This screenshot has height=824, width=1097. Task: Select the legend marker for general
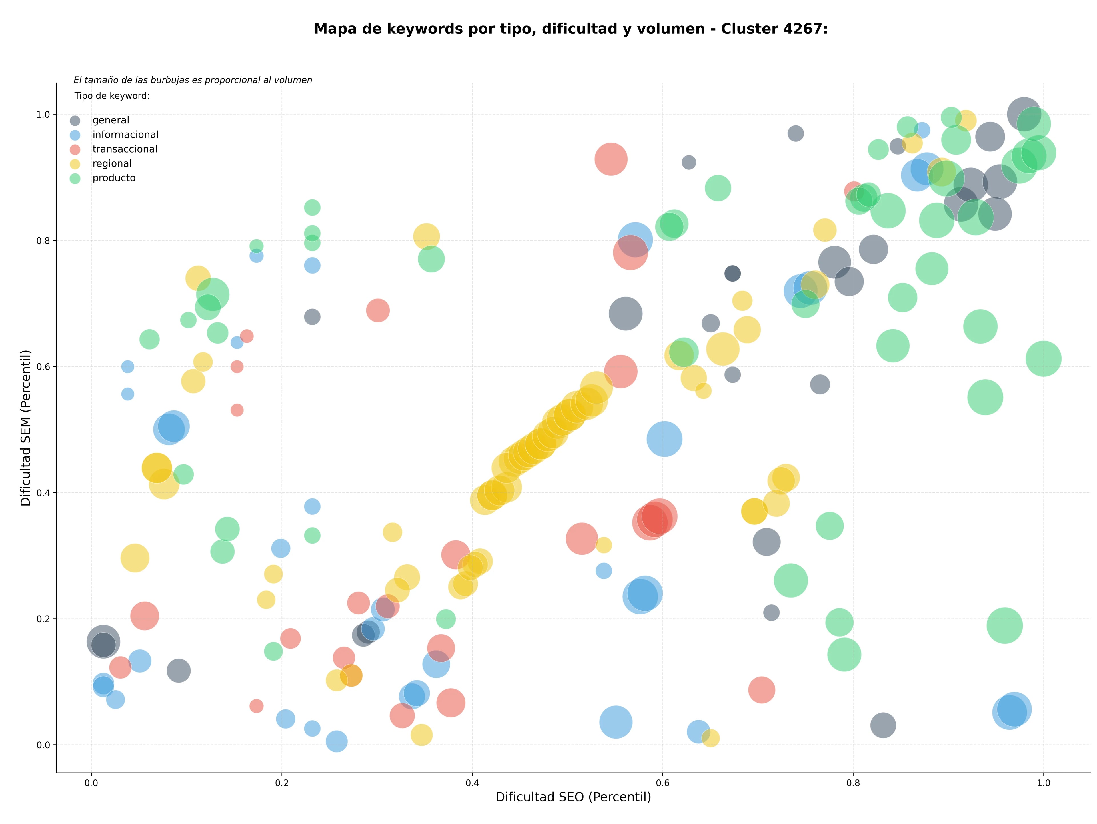75,121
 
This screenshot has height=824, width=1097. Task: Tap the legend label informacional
125,135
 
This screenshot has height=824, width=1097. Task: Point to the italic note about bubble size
193,80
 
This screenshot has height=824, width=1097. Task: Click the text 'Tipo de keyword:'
112,96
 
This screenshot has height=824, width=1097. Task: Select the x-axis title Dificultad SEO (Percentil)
573,797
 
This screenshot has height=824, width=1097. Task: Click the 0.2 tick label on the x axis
282,783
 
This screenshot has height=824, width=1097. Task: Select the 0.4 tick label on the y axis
44,493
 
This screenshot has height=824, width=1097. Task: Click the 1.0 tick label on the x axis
1044,783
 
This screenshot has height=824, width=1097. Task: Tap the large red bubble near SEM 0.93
611,159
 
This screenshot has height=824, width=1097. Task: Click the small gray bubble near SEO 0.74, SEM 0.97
796,133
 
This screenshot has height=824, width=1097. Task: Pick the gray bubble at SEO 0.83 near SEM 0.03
883,725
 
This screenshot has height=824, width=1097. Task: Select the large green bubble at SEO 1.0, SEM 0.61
1044,359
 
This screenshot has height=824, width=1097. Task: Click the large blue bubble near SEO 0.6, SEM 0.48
664,439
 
